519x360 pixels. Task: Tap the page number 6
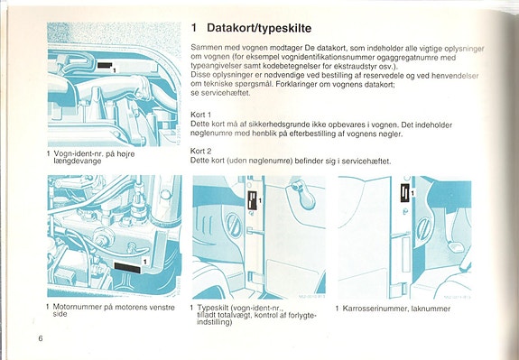click(x=41, y=337)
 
